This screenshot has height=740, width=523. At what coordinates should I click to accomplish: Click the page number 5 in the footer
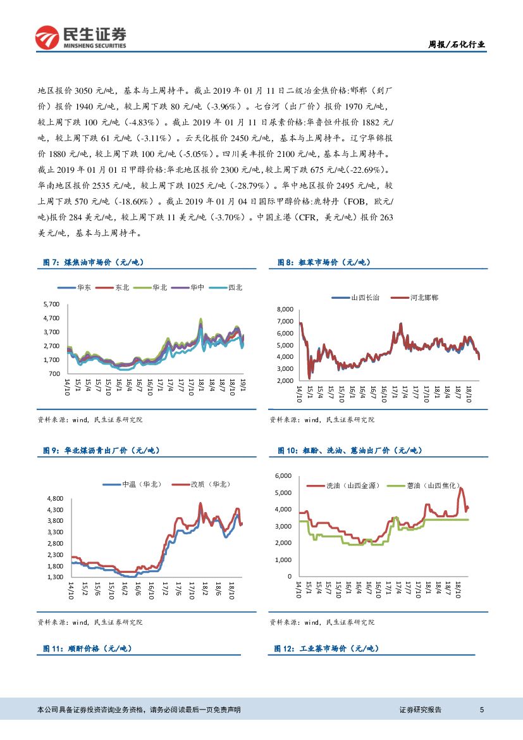point(482,710)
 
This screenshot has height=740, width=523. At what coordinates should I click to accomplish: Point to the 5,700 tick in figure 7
point(51,304)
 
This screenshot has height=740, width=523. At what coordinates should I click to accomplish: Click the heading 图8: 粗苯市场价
point(324,262)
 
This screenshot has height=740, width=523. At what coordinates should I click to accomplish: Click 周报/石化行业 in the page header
point(457,44)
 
